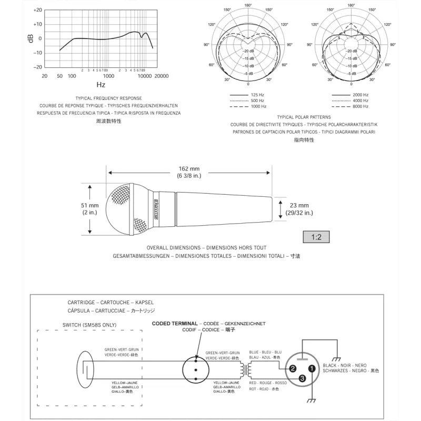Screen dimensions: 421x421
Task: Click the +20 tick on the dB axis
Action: coord(37,10)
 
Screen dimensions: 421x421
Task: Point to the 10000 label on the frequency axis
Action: coord(145,76)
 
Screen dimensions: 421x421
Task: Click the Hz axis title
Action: coord(101,84)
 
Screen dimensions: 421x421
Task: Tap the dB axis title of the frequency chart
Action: coord(31,38)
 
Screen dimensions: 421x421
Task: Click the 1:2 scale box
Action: coord(316,237)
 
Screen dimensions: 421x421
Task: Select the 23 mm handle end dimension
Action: coord(299,208)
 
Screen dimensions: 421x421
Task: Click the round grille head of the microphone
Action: coord(126,208)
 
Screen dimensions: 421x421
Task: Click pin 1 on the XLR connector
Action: coord(312,369)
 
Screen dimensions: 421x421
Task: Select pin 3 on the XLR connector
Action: coord(302,378)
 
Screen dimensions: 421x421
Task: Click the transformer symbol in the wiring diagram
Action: coord(245,369)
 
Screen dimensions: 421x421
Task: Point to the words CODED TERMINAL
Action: coord(175,323)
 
